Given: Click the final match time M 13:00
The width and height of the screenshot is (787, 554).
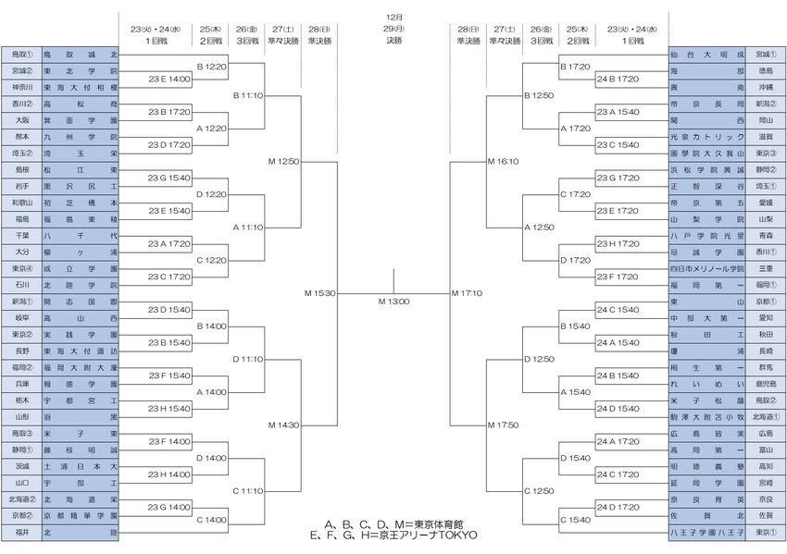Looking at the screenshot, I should coord(393,302).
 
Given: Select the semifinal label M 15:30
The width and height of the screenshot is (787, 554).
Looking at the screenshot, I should coord(319,293).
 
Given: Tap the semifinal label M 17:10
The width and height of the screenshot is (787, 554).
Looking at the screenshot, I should coord(467,293).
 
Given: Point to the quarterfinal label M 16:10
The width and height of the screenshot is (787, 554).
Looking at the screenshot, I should coord(502,161).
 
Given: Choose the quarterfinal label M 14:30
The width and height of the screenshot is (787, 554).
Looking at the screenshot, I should coord(284,425).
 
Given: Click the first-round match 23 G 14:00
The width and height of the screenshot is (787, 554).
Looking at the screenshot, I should coord(169,508).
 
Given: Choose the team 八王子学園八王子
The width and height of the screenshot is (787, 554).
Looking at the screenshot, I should coord(706,532).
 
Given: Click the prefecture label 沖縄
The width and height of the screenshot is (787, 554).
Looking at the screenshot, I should coord(766,87).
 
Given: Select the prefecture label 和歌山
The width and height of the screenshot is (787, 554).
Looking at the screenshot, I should coord(20,203).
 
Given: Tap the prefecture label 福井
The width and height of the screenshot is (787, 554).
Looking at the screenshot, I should coord(20,532).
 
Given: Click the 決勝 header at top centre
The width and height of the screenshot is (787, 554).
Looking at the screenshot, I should coord(393,40).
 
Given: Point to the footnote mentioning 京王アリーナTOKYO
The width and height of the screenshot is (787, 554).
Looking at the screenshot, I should coord(394,535).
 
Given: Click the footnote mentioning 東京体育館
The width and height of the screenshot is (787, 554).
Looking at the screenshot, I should coord(394,524).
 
